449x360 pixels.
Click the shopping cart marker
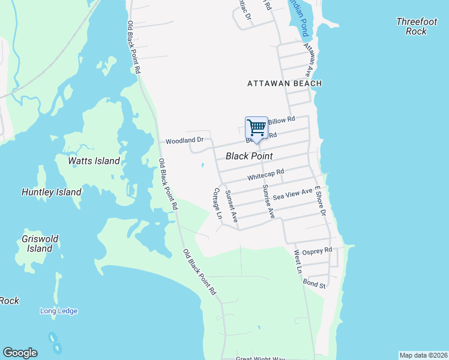tap(256, 128)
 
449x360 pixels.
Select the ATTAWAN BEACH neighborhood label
tap(285, 84)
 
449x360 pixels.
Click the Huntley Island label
tap(51, 193)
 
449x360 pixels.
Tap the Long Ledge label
tap(59, 311)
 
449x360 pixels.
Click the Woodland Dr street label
tap(185, 140)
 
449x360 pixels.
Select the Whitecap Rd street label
tap(265, 175)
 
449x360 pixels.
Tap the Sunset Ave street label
tap(231, 205)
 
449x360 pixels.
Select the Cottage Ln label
tap(218, 203)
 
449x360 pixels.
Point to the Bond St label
tap(314, 283)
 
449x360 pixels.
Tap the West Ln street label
tap(297, 262)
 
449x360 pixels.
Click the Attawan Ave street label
tap(309, 59)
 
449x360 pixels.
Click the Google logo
tap(20, 353)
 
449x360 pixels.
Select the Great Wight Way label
tap(260, 358)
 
